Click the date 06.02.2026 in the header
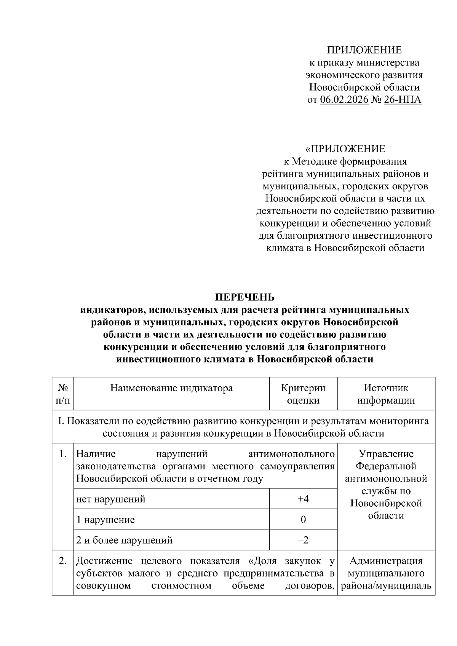(x=344, y=100)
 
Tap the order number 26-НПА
(x=403, y=100)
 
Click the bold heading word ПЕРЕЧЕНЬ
(x=245, y=297)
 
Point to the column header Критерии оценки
(x=303, y=394)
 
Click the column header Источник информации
(x=386, y=394)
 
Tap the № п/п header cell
(x=63, y=394)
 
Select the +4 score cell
(x=303, y=499)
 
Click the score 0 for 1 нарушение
(x=303, y=520)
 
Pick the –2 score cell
(x=303, y=540)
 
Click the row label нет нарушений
(x=111, y=499)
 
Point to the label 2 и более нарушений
(x=125, y=540)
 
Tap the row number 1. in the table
(x=63, y=454)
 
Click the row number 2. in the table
(x=63, y=561)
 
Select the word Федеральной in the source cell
(x=386, y=466)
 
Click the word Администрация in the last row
(x=386, y=561)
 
